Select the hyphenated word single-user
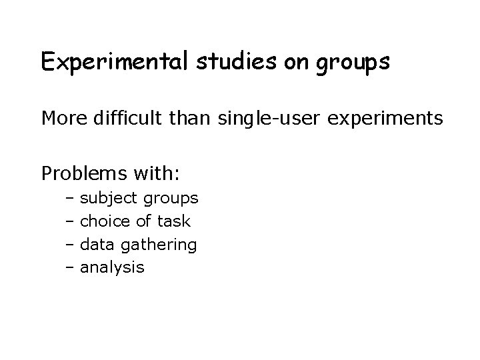coord(275,119)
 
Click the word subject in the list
coord(109,199)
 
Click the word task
coord(173,221)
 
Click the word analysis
coord(112,268)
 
